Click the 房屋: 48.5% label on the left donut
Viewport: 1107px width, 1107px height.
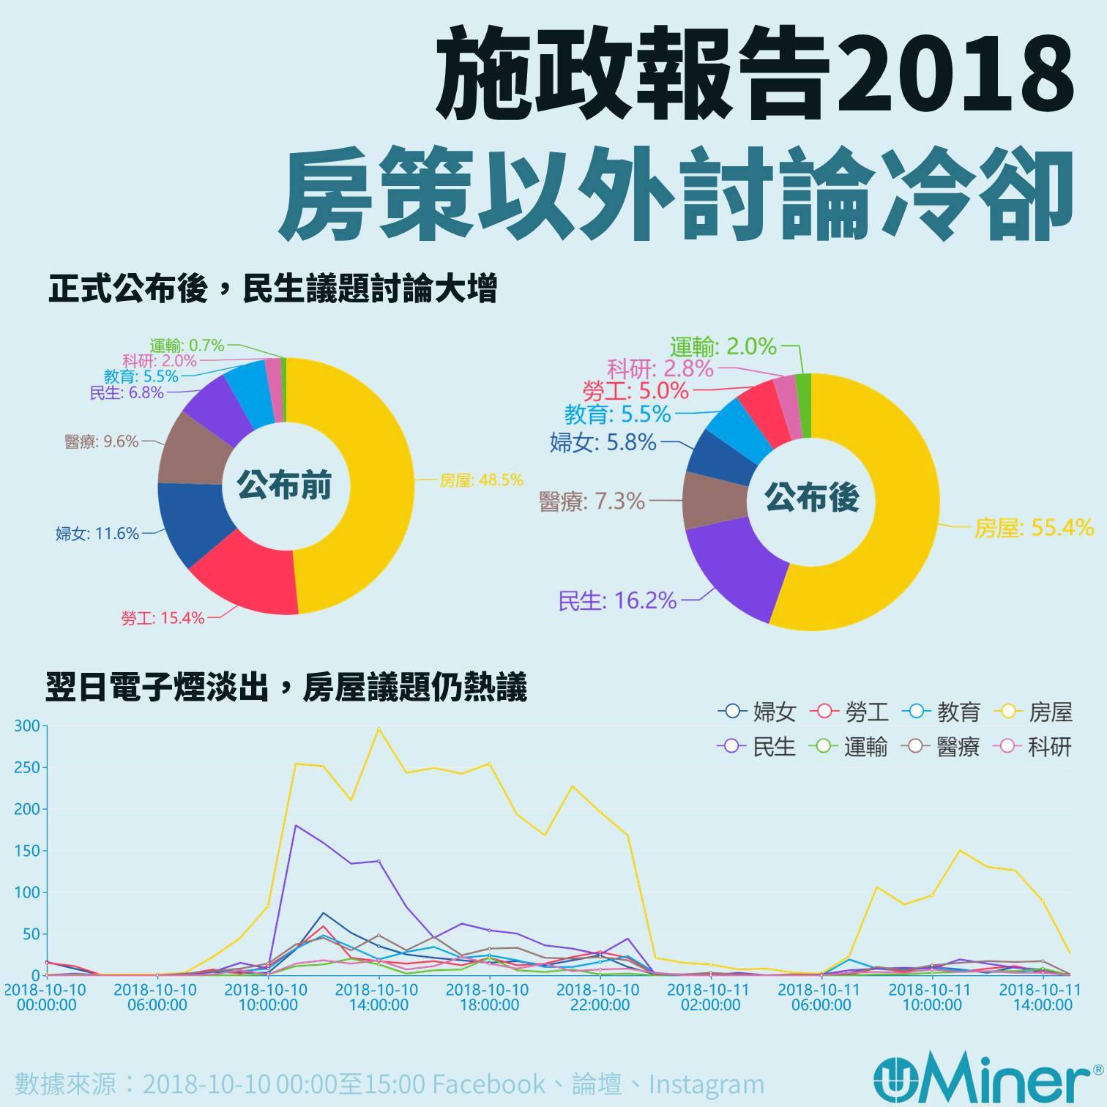[481, 480]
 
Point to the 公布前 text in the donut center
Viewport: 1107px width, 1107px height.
[283, 485]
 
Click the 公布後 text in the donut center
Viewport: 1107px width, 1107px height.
[811, 499]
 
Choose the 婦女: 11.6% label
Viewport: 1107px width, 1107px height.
[97, 534]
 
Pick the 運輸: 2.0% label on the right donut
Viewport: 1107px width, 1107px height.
[723, 346]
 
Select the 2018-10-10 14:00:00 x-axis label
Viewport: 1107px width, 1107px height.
[379, 997]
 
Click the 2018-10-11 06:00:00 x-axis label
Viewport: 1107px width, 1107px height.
[821, 997]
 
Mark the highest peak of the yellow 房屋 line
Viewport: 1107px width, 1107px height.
[379, 728]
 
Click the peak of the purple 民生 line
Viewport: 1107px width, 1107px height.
[296, 826]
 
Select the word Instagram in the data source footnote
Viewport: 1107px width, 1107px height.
[707, 1084]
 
